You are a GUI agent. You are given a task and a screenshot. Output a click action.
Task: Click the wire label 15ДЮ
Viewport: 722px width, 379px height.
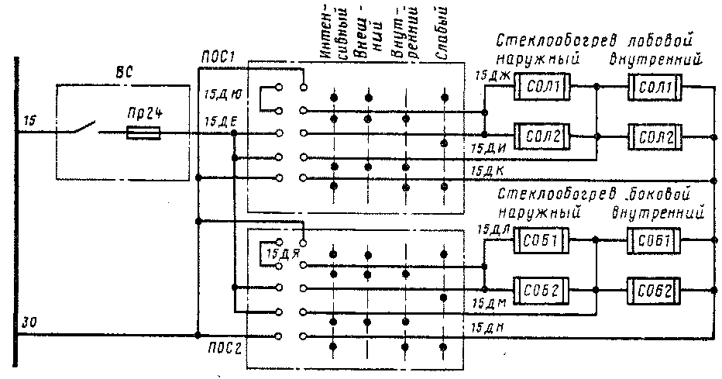[222, 95]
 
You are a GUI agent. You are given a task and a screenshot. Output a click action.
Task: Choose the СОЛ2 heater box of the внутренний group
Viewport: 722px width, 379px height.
[655, 139]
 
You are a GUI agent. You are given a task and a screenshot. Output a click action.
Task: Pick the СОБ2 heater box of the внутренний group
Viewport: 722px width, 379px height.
[655, 292]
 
